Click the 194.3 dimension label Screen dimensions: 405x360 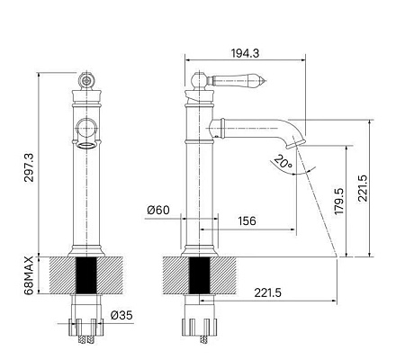click(x=245, y=53)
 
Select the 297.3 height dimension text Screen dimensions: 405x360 click(x=29, y=167)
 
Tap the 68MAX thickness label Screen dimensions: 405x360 click(x=29, y=275)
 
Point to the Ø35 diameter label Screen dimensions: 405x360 click(x=121, y=315)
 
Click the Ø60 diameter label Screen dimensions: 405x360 click(x=158, y=210)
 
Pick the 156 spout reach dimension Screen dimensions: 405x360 click(x=247, y=221)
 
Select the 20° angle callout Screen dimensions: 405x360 click(x=283, y=162)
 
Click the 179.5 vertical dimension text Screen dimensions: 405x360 click(x=339, y=202)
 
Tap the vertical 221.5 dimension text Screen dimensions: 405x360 click(x=363, y=188)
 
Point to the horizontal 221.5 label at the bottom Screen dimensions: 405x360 click(x=268, y=292)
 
